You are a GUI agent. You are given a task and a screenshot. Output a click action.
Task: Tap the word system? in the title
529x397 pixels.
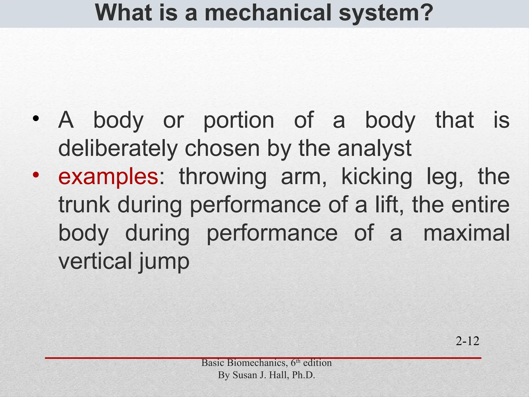pos(386,13)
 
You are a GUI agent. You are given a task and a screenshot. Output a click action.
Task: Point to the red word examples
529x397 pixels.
pos(108,177)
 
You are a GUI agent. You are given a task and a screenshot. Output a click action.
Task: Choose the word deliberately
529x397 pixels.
pos(118,149)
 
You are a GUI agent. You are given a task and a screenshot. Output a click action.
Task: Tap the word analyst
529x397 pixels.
pos(374,149)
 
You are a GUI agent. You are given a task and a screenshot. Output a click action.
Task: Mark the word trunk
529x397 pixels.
pos(84,205)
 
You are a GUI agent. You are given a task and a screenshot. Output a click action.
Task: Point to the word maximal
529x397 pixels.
pos(466,233)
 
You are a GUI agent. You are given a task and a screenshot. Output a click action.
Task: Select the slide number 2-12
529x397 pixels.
pos(468,341)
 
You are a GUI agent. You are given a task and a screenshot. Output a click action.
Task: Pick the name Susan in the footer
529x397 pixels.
pos(245,375)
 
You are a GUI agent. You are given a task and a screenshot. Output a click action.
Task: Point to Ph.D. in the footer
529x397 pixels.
pos(303,375)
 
